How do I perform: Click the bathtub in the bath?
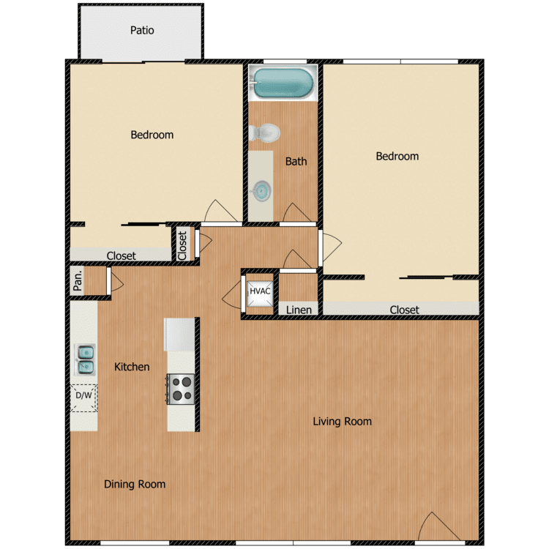pyautogui.click(x=283, y=83)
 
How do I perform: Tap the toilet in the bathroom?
pyautogui.click(x=265, y=133)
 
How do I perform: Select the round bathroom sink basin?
pyautogui.click(x=260, y=191)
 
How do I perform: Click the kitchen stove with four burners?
pyautogui.click(x=181, y=388)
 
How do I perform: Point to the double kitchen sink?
pyautogui.click(x=84, y=359)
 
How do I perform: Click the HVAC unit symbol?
pyautogui.click(x=260, y=291)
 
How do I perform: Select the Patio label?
pyautogui.click(x=142, y=31)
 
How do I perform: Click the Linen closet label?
pyautogui.click(x=299, y=310)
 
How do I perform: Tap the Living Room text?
pyautogui.click(x=342, y=421)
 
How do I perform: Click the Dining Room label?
pyautogui.click(x=134, y=484)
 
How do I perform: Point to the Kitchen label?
pyautogui.click(x=132, y=367)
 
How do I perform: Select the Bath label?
pyautogui.click(x=296, y=161)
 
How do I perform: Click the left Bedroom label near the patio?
pyautogui.click(x=152, y=135)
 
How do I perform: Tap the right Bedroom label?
pyautogui.click(x=397, y=156)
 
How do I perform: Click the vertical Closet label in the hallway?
pyautogui.click(x=182, y=245)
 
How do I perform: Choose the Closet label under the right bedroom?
pyautogui.click(x=404, y=310)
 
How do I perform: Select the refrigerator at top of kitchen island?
pyautogui.click(x=180, y=334)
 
